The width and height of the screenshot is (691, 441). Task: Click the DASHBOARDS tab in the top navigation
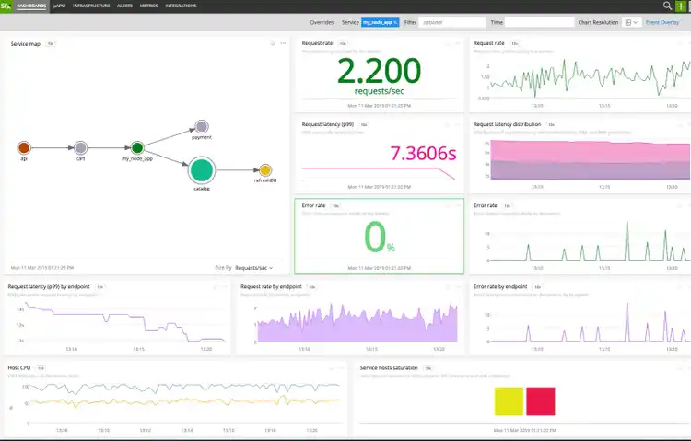32,6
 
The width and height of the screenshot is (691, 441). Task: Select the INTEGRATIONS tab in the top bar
181,6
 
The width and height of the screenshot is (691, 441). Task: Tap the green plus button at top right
681,6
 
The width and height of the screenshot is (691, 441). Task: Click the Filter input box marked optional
451,21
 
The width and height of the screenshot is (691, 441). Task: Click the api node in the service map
24,147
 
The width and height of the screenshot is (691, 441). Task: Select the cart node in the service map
81,147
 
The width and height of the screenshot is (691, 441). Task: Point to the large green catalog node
202,169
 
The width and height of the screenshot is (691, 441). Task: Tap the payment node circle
202,127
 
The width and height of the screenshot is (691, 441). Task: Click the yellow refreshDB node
264,170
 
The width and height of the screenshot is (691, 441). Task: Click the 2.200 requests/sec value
379,71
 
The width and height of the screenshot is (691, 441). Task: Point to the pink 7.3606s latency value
423,152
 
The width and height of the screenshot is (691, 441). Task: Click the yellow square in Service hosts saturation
509,400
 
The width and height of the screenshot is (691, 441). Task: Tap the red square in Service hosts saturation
540,400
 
